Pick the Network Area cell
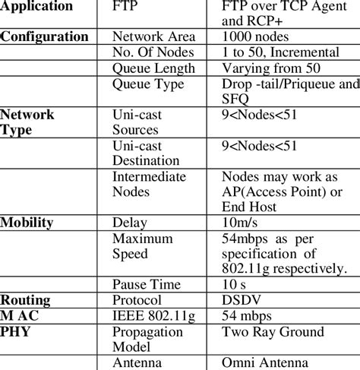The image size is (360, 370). (x=154, y=36)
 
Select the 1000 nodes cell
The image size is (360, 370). (x=257, y=36)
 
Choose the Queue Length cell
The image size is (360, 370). (x=155, y=70)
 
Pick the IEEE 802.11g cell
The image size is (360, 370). (x=152, y=315)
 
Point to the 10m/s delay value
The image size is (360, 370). (x=240, y=223)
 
